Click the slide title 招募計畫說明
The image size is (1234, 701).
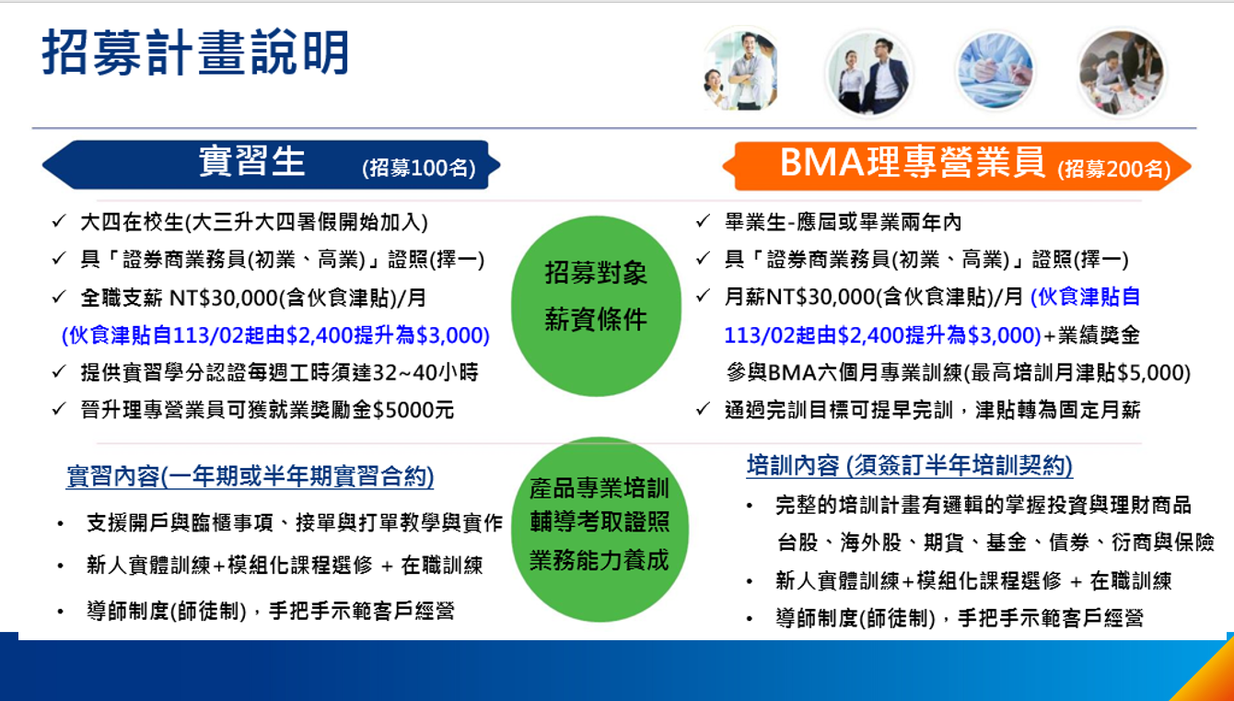click(195, 53)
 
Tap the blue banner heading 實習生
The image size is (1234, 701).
click(251, 161)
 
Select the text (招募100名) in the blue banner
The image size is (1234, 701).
click(419, 168)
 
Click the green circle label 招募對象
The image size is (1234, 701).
click(596, 274)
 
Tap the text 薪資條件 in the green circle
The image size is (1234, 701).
click(596, 319)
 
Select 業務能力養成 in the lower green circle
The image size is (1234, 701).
click(600, 560)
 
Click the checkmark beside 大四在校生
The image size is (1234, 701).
click(59, 222)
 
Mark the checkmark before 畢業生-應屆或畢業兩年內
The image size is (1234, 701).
click(703, 222)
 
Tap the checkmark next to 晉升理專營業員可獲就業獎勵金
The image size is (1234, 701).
click(59, 410)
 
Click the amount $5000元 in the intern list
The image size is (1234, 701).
click(413, 410)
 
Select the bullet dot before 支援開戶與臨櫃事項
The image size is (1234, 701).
click(60, 524)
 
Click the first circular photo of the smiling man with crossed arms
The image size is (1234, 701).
click(741, 70)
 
